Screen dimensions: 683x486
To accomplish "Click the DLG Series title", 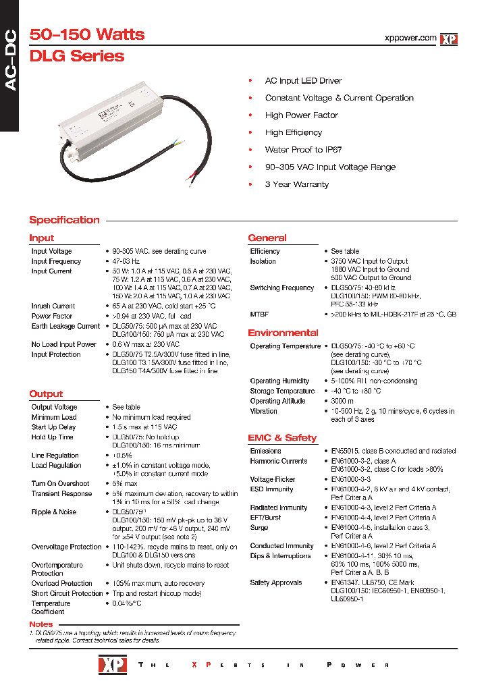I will coord(77,56).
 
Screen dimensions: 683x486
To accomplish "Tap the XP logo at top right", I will coord(449,39).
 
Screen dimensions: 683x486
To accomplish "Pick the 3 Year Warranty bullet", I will coord(296,184).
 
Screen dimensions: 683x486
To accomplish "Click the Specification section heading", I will coord(64,220).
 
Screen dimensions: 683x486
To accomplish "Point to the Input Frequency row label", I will coord(56,261).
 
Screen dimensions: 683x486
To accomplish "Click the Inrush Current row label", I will coord(53,306).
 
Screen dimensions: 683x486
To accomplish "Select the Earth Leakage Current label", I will coord(65,326).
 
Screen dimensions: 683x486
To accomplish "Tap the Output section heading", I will coord(46,393).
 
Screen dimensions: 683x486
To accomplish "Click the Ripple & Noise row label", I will coord(54,512).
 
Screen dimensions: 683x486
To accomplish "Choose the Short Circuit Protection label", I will coord(67,593).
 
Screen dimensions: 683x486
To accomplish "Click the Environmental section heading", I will coord(283,333).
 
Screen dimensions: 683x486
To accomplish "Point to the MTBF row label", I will coord(260,315).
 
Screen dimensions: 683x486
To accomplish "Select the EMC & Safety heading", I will coord(282,437).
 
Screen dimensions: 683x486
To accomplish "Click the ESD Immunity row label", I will coord(271,489).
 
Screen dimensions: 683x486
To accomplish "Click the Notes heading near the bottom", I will coord(41,624).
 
